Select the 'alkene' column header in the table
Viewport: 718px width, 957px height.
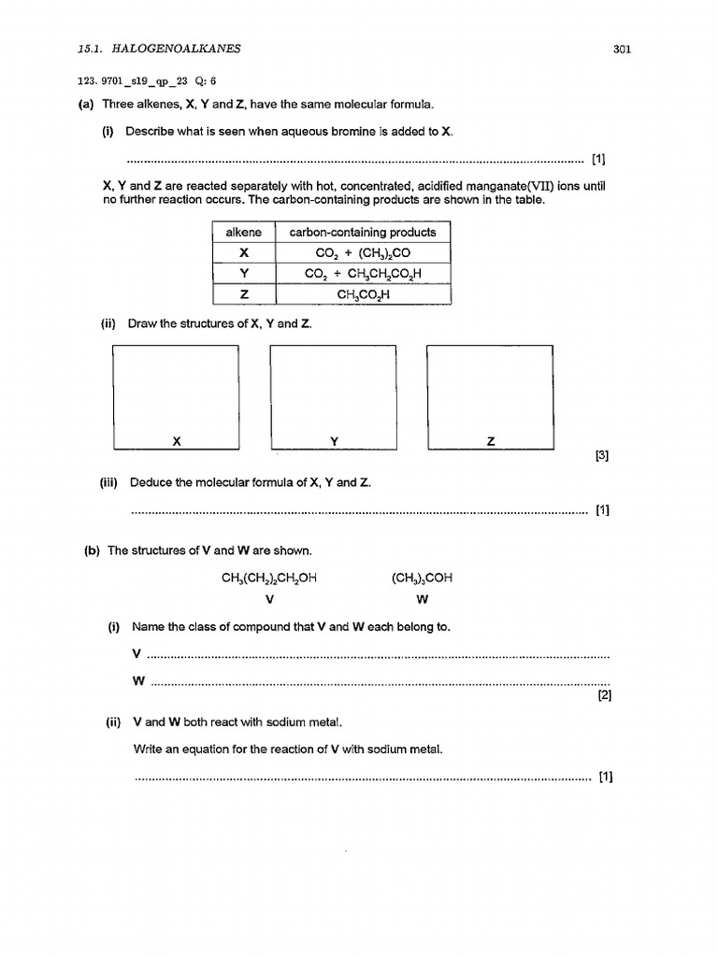click(243, 232)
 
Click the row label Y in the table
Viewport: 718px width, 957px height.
click(243, 274)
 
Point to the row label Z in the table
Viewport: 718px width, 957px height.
click(243, 294)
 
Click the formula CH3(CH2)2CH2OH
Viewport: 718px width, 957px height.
click(269, 578)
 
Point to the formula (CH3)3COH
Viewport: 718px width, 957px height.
click(423, 578)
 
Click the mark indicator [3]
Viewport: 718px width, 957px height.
click(601, 456)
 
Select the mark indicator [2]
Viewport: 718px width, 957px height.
click(603, 695)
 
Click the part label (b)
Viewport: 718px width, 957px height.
click(93, 550)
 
